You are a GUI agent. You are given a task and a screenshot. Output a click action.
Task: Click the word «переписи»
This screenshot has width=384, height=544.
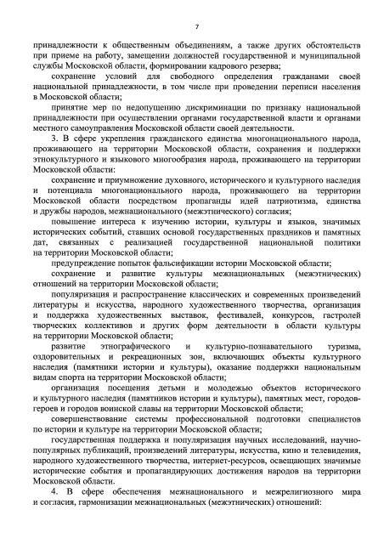point(291,99)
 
